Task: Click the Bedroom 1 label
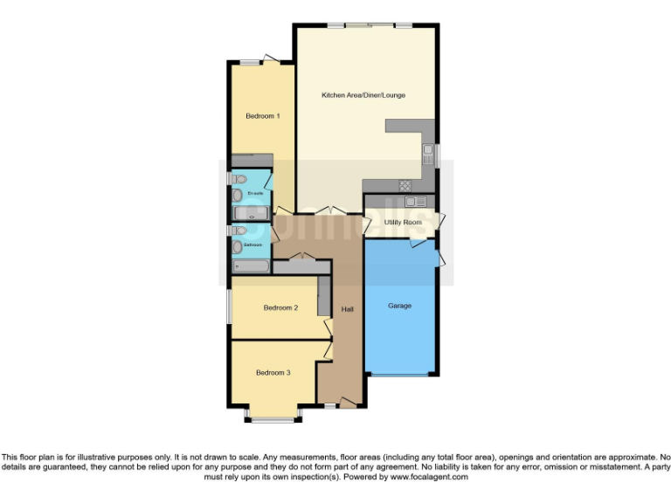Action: point(262,116)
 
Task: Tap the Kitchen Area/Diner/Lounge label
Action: point(363,95)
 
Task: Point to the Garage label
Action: point(400,306)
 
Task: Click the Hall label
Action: point(347,310)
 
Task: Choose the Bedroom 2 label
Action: point(281,307)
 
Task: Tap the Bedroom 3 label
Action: point(273,373)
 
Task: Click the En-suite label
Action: point(255,192)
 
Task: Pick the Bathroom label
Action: point(253,245)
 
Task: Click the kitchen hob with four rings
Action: point(405,185)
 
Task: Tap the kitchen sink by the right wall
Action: point(428,155)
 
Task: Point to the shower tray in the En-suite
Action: point(252,213)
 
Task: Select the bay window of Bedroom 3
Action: point(273,417)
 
